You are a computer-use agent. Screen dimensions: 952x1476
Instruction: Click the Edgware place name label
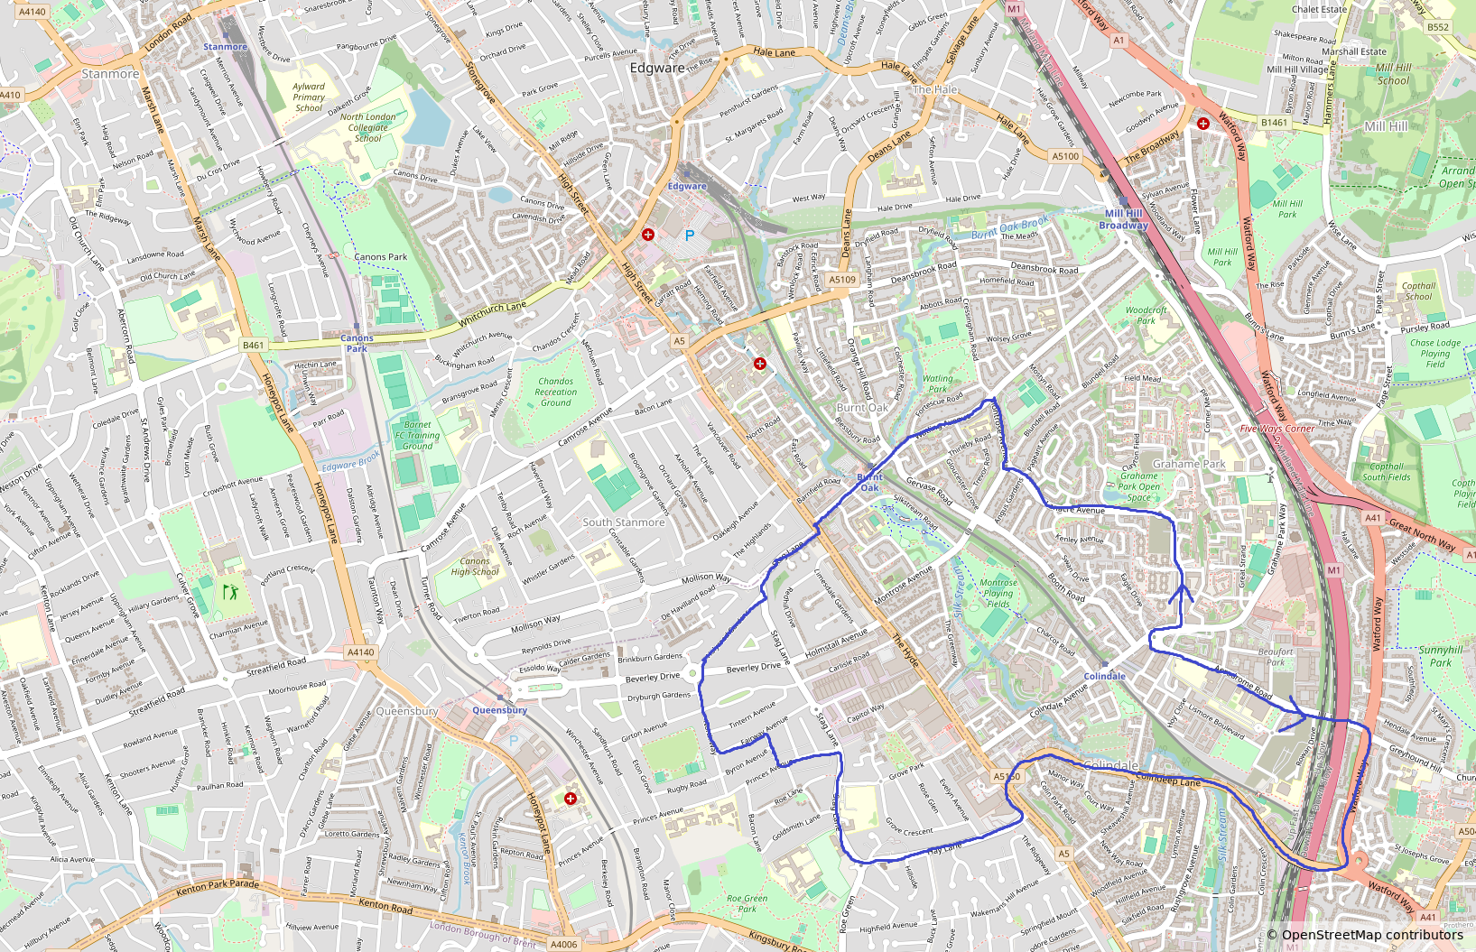coord(656,68)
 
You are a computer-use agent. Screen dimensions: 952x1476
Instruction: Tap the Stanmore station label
coord(225,47)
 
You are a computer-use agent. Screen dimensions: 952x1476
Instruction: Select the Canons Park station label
coord(357,343)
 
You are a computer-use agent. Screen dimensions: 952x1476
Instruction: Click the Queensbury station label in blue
coord(499,710)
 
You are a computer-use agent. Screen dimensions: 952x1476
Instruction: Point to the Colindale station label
coord(1104,676)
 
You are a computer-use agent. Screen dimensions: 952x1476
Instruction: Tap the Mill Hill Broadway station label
coord(1123,219)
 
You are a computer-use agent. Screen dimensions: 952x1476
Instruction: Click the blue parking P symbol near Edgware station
coord(690,236)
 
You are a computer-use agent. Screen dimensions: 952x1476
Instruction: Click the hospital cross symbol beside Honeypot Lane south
coord(570,799)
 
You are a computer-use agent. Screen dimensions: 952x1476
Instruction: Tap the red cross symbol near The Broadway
coord(1203,124)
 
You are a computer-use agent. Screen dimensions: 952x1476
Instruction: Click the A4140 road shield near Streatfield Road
coord(360,652)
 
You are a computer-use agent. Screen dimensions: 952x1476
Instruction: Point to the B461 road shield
coord(254,345)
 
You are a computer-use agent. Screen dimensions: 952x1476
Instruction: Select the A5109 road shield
coord(841,280)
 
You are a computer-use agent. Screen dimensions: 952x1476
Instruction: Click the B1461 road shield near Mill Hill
coord(1274,122)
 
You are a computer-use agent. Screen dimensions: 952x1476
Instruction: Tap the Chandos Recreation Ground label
coord(555,392)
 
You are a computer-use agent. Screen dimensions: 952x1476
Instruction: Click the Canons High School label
coord(475,566)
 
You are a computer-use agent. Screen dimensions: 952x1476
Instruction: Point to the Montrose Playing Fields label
coord(998,593)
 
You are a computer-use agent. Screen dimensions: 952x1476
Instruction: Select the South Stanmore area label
coord(623,522)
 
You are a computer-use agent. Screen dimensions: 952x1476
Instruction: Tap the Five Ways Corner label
coord(1276,429)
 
